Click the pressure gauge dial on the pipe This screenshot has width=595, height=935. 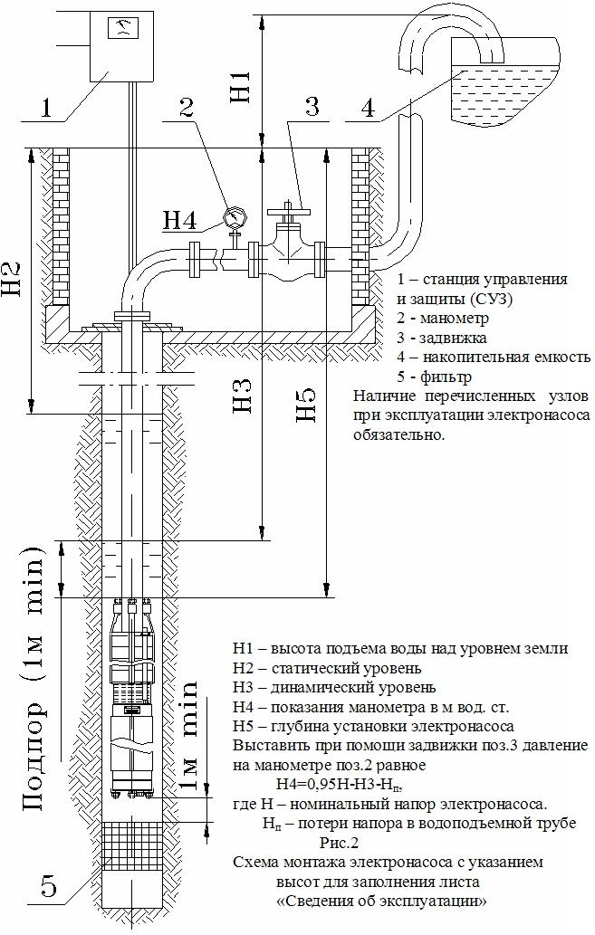click(235, 217)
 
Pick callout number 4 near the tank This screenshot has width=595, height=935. click(367, 108)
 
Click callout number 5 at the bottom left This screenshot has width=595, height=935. click(49, 888)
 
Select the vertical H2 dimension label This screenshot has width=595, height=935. click(13, 281)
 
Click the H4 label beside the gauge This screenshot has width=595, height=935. click(180, 220)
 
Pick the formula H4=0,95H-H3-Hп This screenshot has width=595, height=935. click(345, 784)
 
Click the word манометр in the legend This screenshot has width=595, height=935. click(451, 319)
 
